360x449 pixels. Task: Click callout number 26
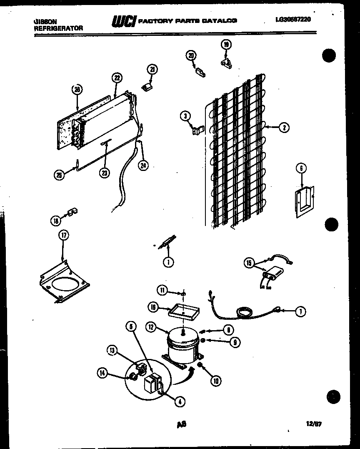pos(77,89)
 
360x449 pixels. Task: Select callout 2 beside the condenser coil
pos(284,128)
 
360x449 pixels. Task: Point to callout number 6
pos(301,168)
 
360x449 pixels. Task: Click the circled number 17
pos(63,236)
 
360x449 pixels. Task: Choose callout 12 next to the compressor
pos(151,328)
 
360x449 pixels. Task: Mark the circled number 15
pos(249,263)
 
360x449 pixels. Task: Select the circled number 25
pos(60,175)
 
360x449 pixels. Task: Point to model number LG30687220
pos(293,19)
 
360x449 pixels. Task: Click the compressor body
pos(182,346)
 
